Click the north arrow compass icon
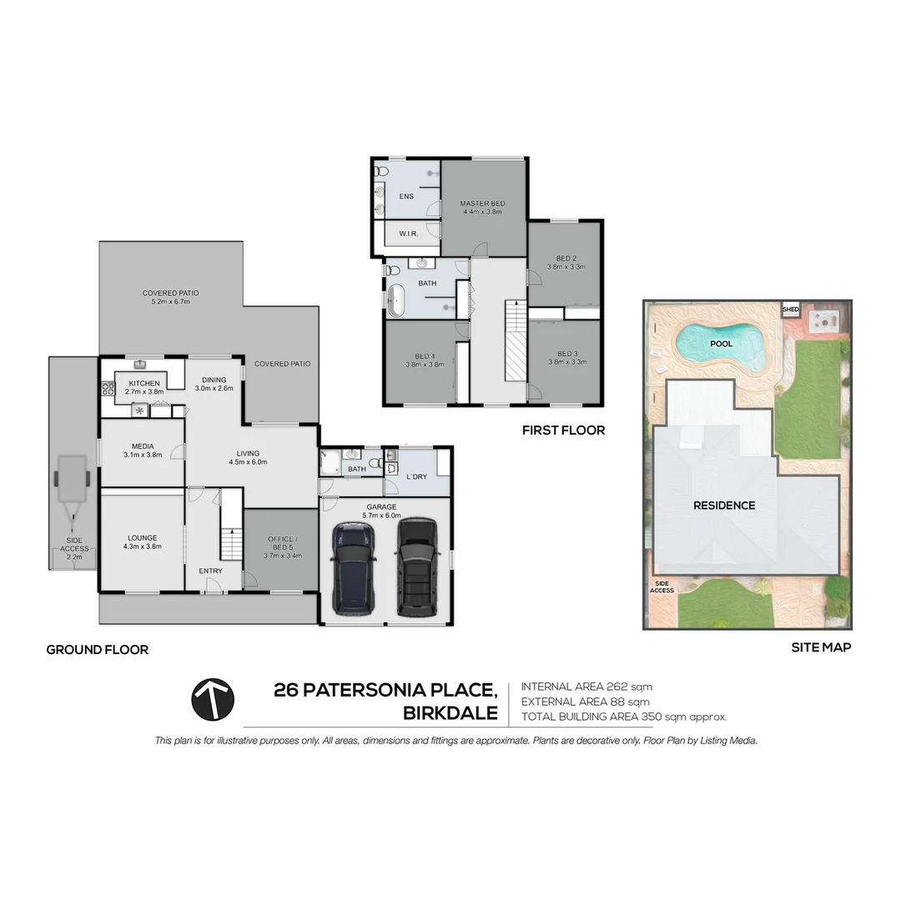coord(213,699)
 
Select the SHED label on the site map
coord(790,310)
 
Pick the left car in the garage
coord(354,566)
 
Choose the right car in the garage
coord(416,566)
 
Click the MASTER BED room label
coord(482,204)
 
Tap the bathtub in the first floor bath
coord(395,300)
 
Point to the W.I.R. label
coord(408,233)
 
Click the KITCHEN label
coord(143,383)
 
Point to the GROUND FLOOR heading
coord(97,650)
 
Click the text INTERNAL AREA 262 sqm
coord(586,687)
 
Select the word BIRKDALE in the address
coord(450,713)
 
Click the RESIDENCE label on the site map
coord(724,506)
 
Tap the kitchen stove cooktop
coord(108,388)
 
